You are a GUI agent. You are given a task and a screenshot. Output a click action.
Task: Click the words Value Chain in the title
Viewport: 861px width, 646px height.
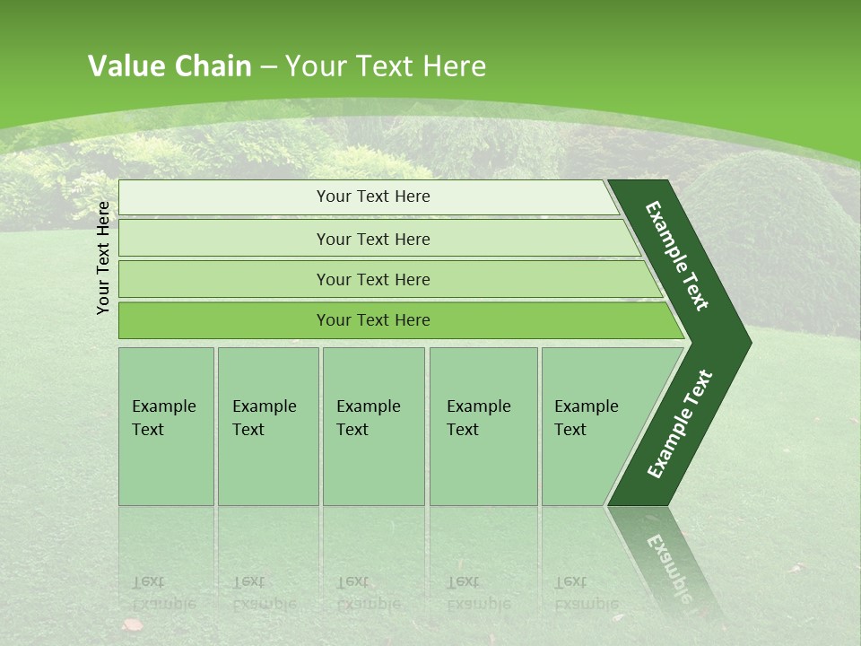(x=170, y=66)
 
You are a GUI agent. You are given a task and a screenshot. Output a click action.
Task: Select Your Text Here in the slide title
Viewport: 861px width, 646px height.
(x=386, y=66)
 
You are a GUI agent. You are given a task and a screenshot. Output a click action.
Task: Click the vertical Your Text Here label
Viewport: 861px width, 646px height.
(x=103, y=258)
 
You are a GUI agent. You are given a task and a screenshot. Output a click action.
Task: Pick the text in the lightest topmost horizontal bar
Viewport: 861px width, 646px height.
(x=373, y=196)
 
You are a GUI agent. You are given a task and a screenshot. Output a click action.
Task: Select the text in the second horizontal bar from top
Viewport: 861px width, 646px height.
(x=373, y=239)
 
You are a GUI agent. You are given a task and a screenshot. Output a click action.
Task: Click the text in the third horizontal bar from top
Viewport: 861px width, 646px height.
(x=373, y=279)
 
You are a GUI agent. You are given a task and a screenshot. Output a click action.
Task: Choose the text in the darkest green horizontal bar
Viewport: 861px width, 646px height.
(x=373, y=319)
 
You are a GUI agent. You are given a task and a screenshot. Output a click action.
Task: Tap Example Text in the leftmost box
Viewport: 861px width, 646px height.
(x=163, y=417)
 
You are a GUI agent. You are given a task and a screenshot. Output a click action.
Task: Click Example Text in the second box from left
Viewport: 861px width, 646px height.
(x=264, y=417)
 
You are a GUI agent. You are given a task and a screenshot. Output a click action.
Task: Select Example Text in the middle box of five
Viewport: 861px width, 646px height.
(x=368, y=417)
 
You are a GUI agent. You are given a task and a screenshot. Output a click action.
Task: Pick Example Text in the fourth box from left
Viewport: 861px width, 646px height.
(x=478, y=417)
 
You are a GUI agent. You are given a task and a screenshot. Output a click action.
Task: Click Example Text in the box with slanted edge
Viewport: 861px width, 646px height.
(x=586, y=417)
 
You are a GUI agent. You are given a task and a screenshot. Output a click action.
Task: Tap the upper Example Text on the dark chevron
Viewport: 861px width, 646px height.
(x=677, y=257)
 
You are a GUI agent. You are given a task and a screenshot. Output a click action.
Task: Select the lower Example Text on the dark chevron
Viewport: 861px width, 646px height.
(x=679, y=424)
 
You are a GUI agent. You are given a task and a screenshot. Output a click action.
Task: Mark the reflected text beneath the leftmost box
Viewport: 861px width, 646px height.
(x=163, y=593)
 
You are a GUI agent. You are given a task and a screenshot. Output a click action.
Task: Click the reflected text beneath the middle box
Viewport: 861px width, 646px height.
(x=368, y=593)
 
